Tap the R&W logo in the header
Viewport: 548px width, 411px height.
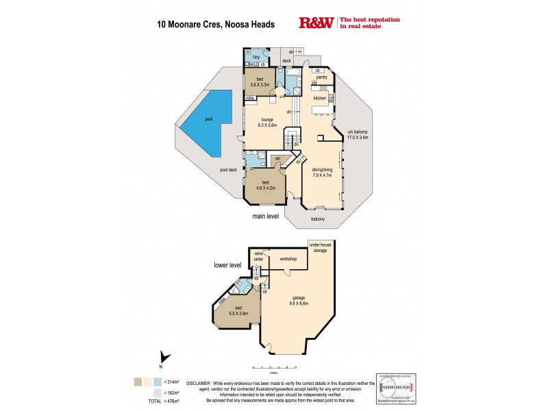[x=316, y=23]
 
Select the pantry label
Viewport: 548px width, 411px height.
[x=321, y=77]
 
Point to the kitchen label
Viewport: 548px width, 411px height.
[x=320, y=99]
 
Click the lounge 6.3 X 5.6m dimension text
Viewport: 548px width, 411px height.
[x=266, y=125]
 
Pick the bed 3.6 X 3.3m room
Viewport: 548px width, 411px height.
[x=260, y=83]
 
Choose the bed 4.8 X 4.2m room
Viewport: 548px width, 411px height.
[x=265, y=186]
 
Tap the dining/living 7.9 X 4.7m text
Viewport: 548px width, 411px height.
[x=321, y=172]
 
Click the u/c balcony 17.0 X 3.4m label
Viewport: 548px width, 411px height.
[x=358, y=134]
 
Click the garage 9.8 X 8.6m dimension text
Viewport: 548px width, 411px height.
[x=298, y=300]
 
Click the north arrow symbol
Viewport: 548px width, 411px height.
[x=162, y=356]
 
